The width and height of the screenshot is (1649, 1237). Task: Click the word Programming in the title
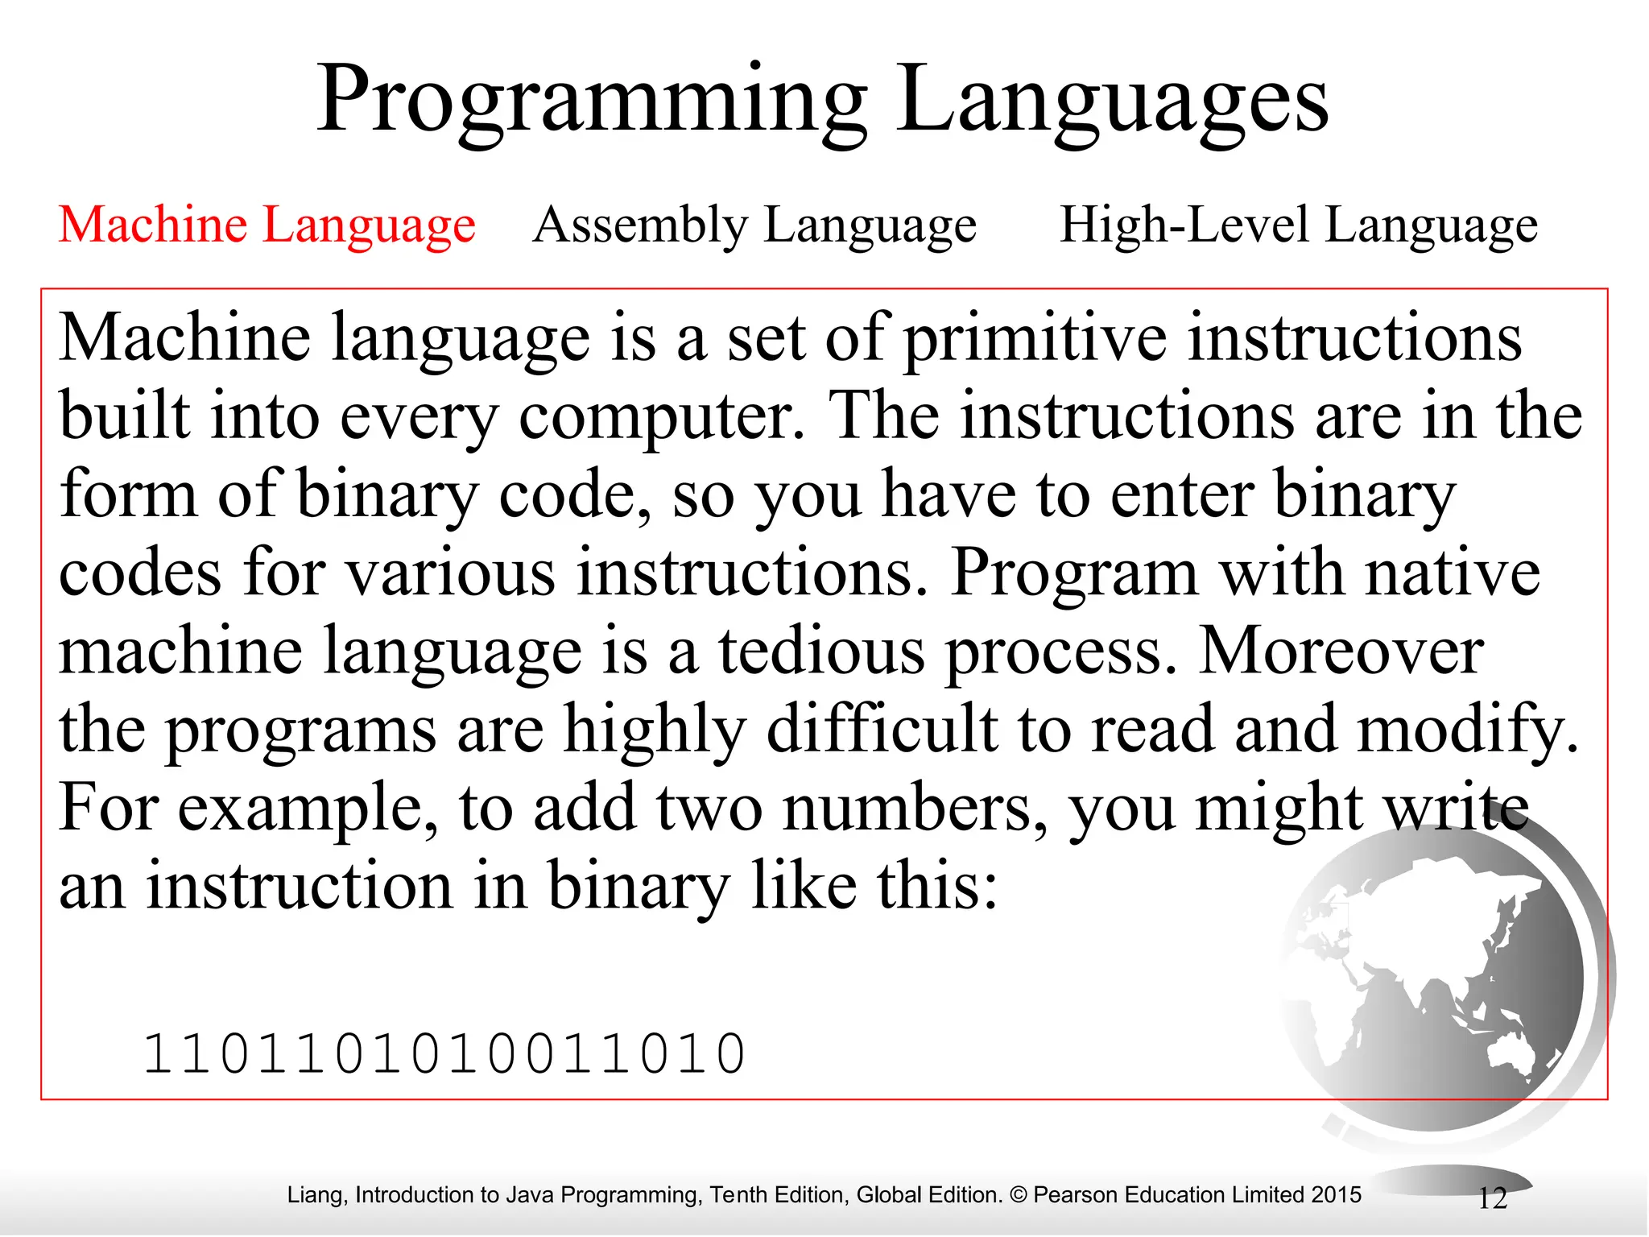(592, 101)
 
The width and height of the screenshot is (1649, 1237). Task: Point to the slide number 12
(1492, 1198)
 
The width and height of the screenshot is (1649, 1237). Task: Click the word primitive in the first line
(1035, 338)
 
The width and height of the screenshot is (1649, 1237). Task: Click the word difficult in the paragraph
(882, 729)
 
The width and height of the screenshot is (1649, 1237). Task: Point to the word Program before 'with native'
(1075, 573)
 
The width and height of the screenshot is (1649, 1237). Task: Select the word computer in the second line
(660, 416)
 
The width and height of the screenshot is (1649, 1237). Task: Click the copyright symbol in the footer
(1019, 1194)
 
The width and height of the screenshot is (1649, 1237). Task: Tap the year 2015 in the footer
(1336, 1194)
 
